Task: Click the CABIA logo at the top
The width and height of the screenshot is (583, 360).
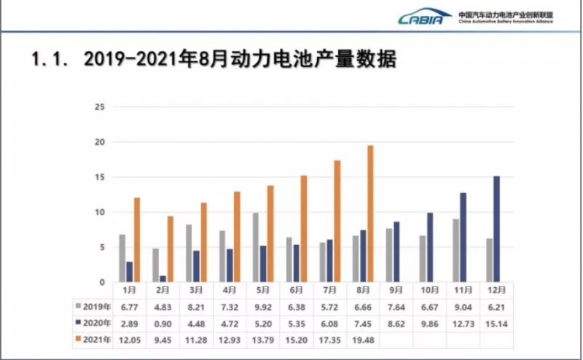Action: (x=425, y=17)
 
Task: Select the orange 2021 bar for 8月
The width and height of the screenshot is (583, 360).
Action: (x=370, y=214)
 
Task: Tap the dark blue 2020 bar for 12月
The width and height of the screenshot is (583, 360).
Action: (x=496, y=229)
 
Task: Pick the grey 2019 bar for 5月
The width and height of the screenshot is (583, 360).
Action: (x=256, y=248)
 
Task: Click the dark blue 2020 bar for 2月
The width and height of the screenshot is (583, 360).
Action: (x=163, y=278)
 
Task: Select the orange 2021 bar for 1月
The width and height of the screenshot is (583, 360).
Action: (x=136, y=240)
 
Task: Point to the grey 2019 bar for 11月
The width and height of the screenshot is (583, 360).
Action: (x=455, y=251)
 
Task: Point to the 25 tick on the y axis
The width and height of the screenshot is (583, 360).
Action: (x=101, y=107)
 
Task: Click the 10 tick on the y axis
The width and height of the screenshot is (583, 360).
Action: (x=101, y=212)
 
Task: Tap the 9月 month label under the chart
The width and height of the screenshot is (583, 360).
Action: (x=396, y=290)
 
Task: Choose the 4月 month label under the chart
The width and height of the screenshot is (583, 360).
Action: (x=230, y=290)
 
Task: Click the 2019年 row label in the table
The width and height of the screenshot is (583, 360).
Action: (x=94, y=306)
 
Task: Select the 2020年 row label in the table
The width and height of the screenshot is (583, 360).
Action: (x=94, y=323)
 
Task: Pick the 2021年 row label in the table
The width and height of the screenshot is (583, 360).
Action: (x=94, y=340)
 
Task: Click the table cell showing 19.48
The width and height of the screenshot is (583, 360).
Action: (x=363, y=340)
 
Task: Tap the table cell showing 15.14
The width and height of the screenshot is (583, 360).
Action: (x=496, y=323)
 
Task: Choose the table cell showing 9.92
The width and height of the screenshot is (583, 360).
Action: (x=263, y=306)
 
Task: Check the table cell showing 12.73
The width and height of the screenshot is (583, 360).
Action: (x=463, y=323)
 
